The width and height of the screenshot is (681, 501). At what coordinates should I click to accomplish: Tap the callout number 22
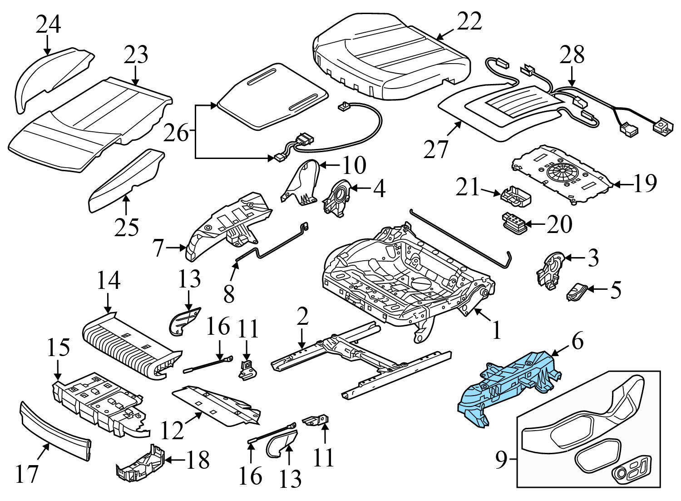point(469,21)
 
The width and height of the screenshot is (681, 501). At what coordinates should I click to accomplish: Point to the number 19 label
point(644,184)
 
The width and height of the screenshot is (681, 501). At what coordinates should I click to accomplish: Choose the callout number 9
point(500,461)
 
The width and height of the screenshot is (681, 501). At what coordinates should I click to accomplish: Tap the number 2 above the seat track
point(302,317)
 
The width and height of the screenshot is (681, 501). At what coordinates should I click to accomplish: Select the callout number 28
point(572,55)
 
